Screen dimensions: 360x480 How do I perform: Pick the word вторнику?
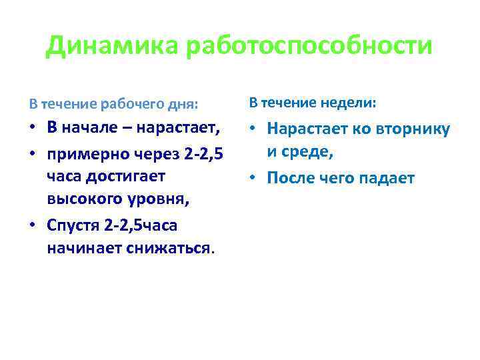pyautogui.click(x=417, y=130)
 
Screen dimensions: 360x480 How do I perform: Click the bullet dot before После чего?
pyautogui.click(x=254, y=179)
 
